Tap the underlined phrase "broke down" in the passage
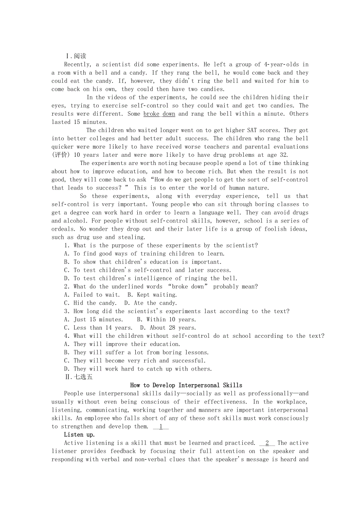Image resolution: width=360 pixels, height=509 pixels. coord(159,114)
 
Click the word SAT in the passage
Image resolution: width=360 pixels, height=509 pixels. coord(252,130)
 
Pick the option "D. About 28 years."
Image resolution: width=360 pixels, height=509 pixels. coord(168,328)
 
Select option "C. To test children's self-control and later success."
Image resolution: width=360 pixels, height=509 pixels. coord(148,270)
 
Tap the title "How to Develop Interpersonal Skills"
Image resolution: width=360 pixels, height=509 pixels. coord(186,385)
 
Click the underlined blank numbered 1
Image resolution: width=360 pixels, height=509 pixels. coord(161,427)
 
